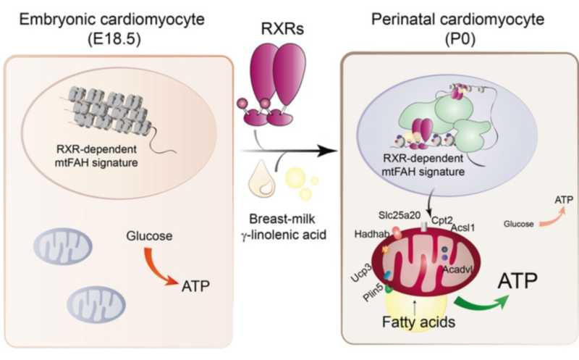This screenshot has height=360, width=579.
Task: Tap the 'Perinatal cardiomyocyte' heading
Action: pos(457,20)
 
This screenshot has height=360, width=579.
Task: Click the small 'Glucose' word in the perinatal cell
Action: pos(515,225)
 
